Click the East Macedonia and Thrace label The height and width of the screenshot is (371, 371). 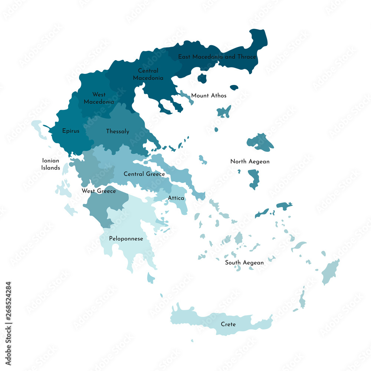(x=217, y=57)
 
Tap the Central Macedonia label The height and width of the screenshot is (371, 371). (x=148, y=74)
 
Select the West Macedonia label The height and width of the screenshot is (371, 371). (x=99, y=98)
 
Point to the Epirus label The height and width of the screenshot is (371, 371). (x=70, y=131)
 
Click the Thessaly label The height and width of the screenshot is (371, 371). (x=118, y=131)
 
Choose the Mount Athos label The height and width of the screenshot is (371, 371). (x=209, y=95)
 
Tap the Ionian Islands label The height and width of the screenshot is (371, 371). (x=51, y=164)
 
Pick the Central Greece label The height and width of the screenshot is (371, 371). (x=144, y=174)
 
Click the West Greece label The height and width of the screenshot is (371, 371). (x=99, y=191)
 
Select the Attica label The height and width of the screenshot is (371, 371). (x=176, y=198)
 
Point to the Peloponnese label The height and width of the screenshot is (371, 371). (x=126, y=239)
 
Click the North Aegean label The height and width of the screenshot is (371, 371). (x=250, y=161)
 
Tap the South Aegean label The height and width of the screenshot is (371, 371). (x=244, y=262)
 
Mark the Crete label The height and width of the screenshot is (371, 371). (x=228, y=324)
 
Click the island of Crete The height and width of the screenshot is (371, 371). (x=200, y=319)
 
